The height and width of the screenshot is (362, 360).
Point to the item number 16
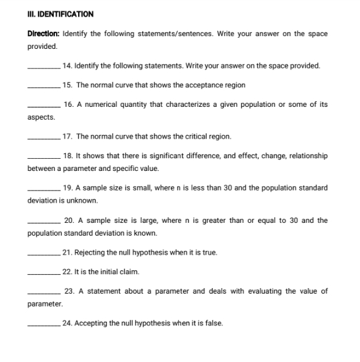(69, 105)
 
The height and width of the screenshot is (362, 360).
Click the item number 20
(69, 220)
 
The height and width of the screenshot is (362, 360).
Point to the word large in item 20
(140, 220)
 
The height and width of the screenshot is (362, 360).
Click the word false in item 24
(214, 324)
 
